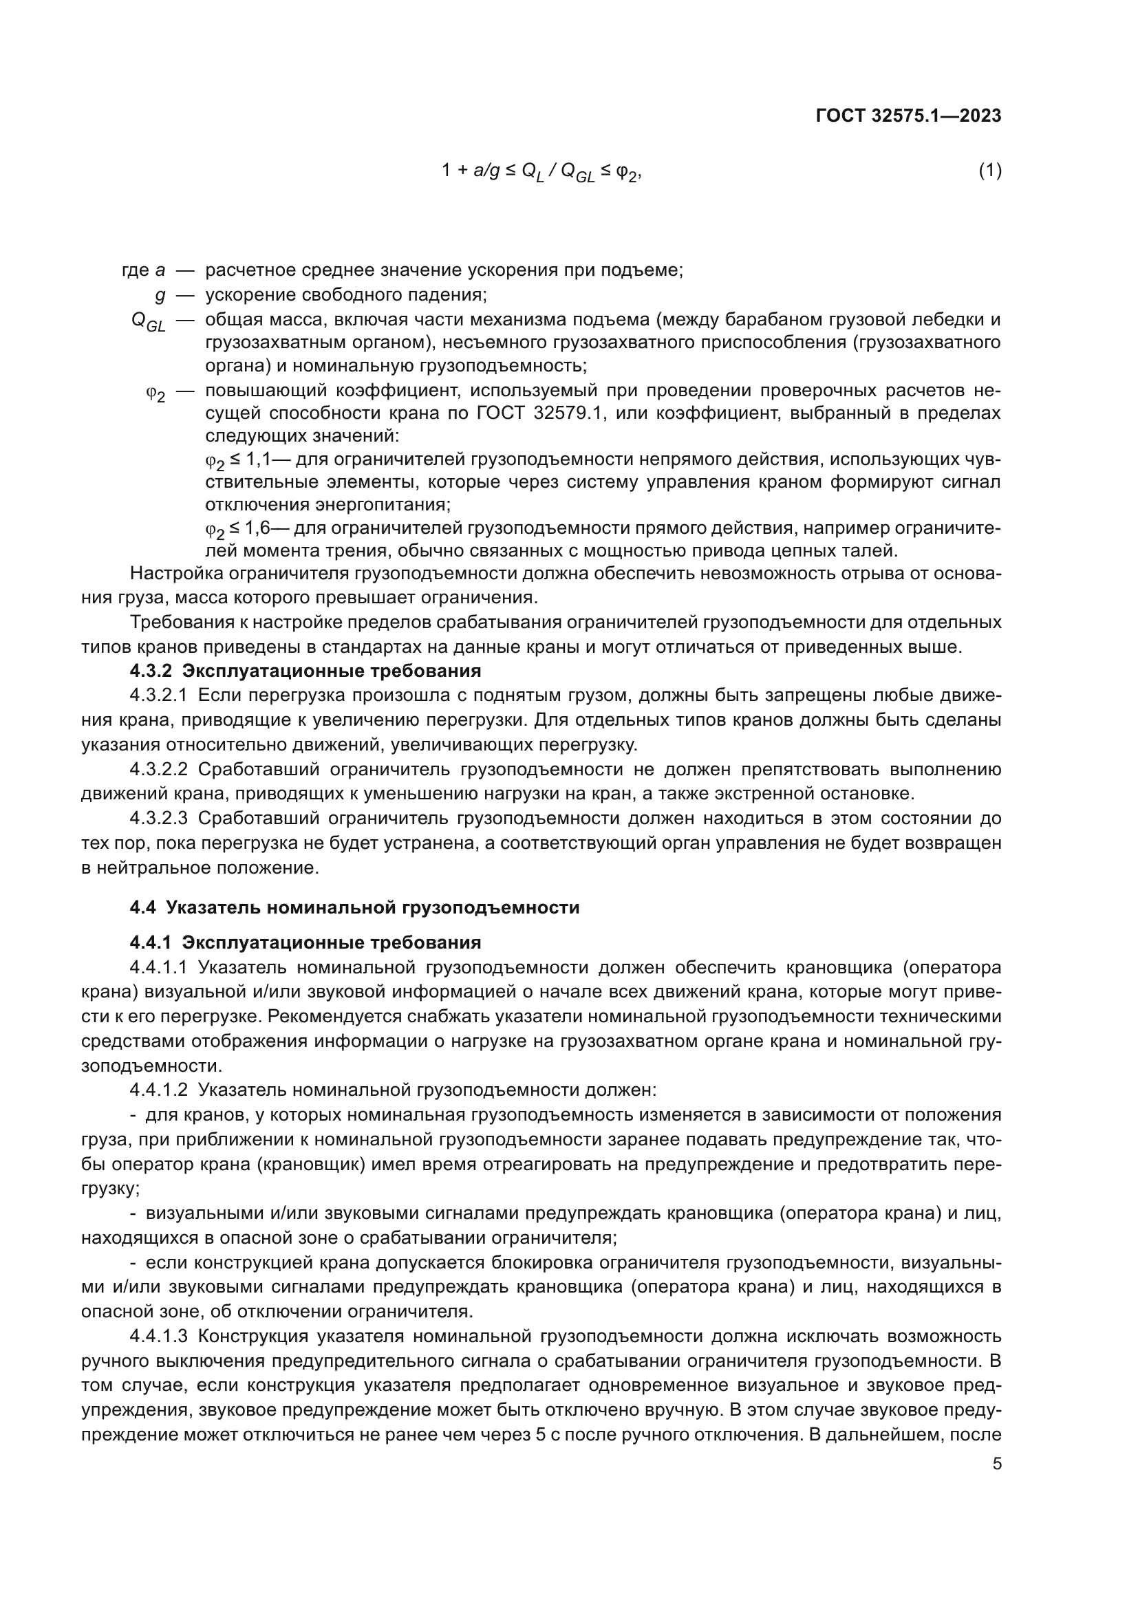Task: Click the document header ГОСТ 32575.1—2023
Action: click(908, 116)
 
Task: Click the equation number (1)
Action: click(989, 171)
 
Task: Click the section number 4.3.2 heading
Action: click(151, 671)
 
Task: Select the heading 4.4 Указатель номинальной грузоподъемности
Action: click(354, 907)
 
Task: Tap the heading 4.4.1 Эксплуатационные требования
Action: click(305, 942)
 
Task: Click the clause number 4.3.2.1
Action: click(158, 695)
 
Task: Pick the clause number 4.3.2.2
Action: click(158, 769)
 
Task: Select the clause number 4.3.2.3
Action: click(158, 818)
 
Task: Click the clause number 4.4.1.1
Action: click(158, 967)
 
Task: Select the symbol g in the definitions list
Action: click(160, 295)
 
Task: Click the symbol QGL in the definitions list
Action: click(148, 322)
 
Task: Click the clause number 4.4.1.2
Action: click(158, 1090)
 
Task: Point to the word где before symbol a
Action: click(136, 270)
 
